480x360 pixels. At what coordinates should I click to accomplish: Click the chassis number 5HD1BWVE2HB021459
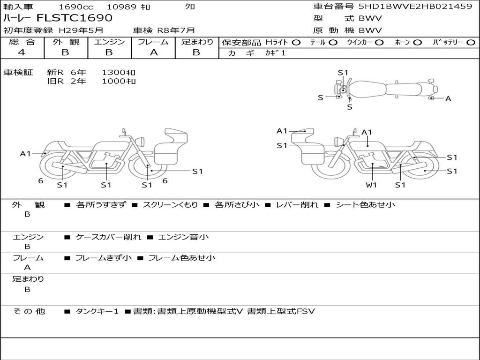coord(415,6)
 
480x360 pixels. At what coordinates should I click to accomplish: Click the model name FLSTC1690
coord(75,18)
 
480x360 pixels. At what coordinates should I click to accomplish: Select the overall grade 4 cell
coord(22,52)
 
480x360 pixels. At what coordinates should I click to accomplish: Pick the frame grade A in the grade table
coord(154,52)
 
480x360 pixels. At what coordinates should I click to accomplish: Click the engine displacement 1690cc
coord(76,7)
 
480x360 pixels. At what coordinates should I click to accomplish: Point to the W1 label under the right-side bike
coord(371,185)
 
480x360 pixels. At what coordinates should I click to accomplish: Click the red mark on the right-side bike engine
coord(382,166)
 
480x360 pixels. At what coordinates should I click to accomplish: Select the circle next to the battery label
coord(471,43)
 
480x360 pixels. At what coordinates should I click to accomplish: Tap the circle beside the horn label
coord(418,43)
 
